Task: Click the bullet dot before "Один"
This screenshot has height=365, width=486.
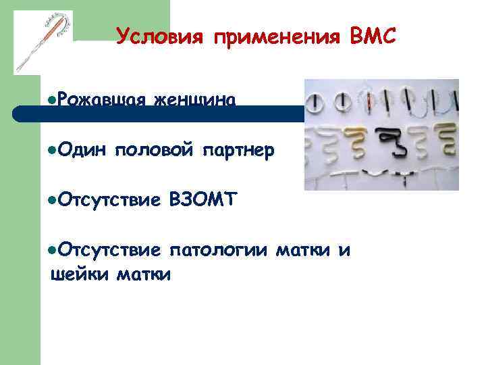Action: (53, 149)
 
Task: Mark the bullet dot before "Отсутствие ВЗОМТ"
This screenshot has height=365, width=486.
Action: (53, 199)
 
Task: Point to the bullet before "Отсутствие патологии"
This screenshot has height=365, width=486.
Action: (53, 251)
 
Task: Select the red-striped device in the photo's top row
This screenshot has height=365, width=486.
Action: (371, 102)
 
